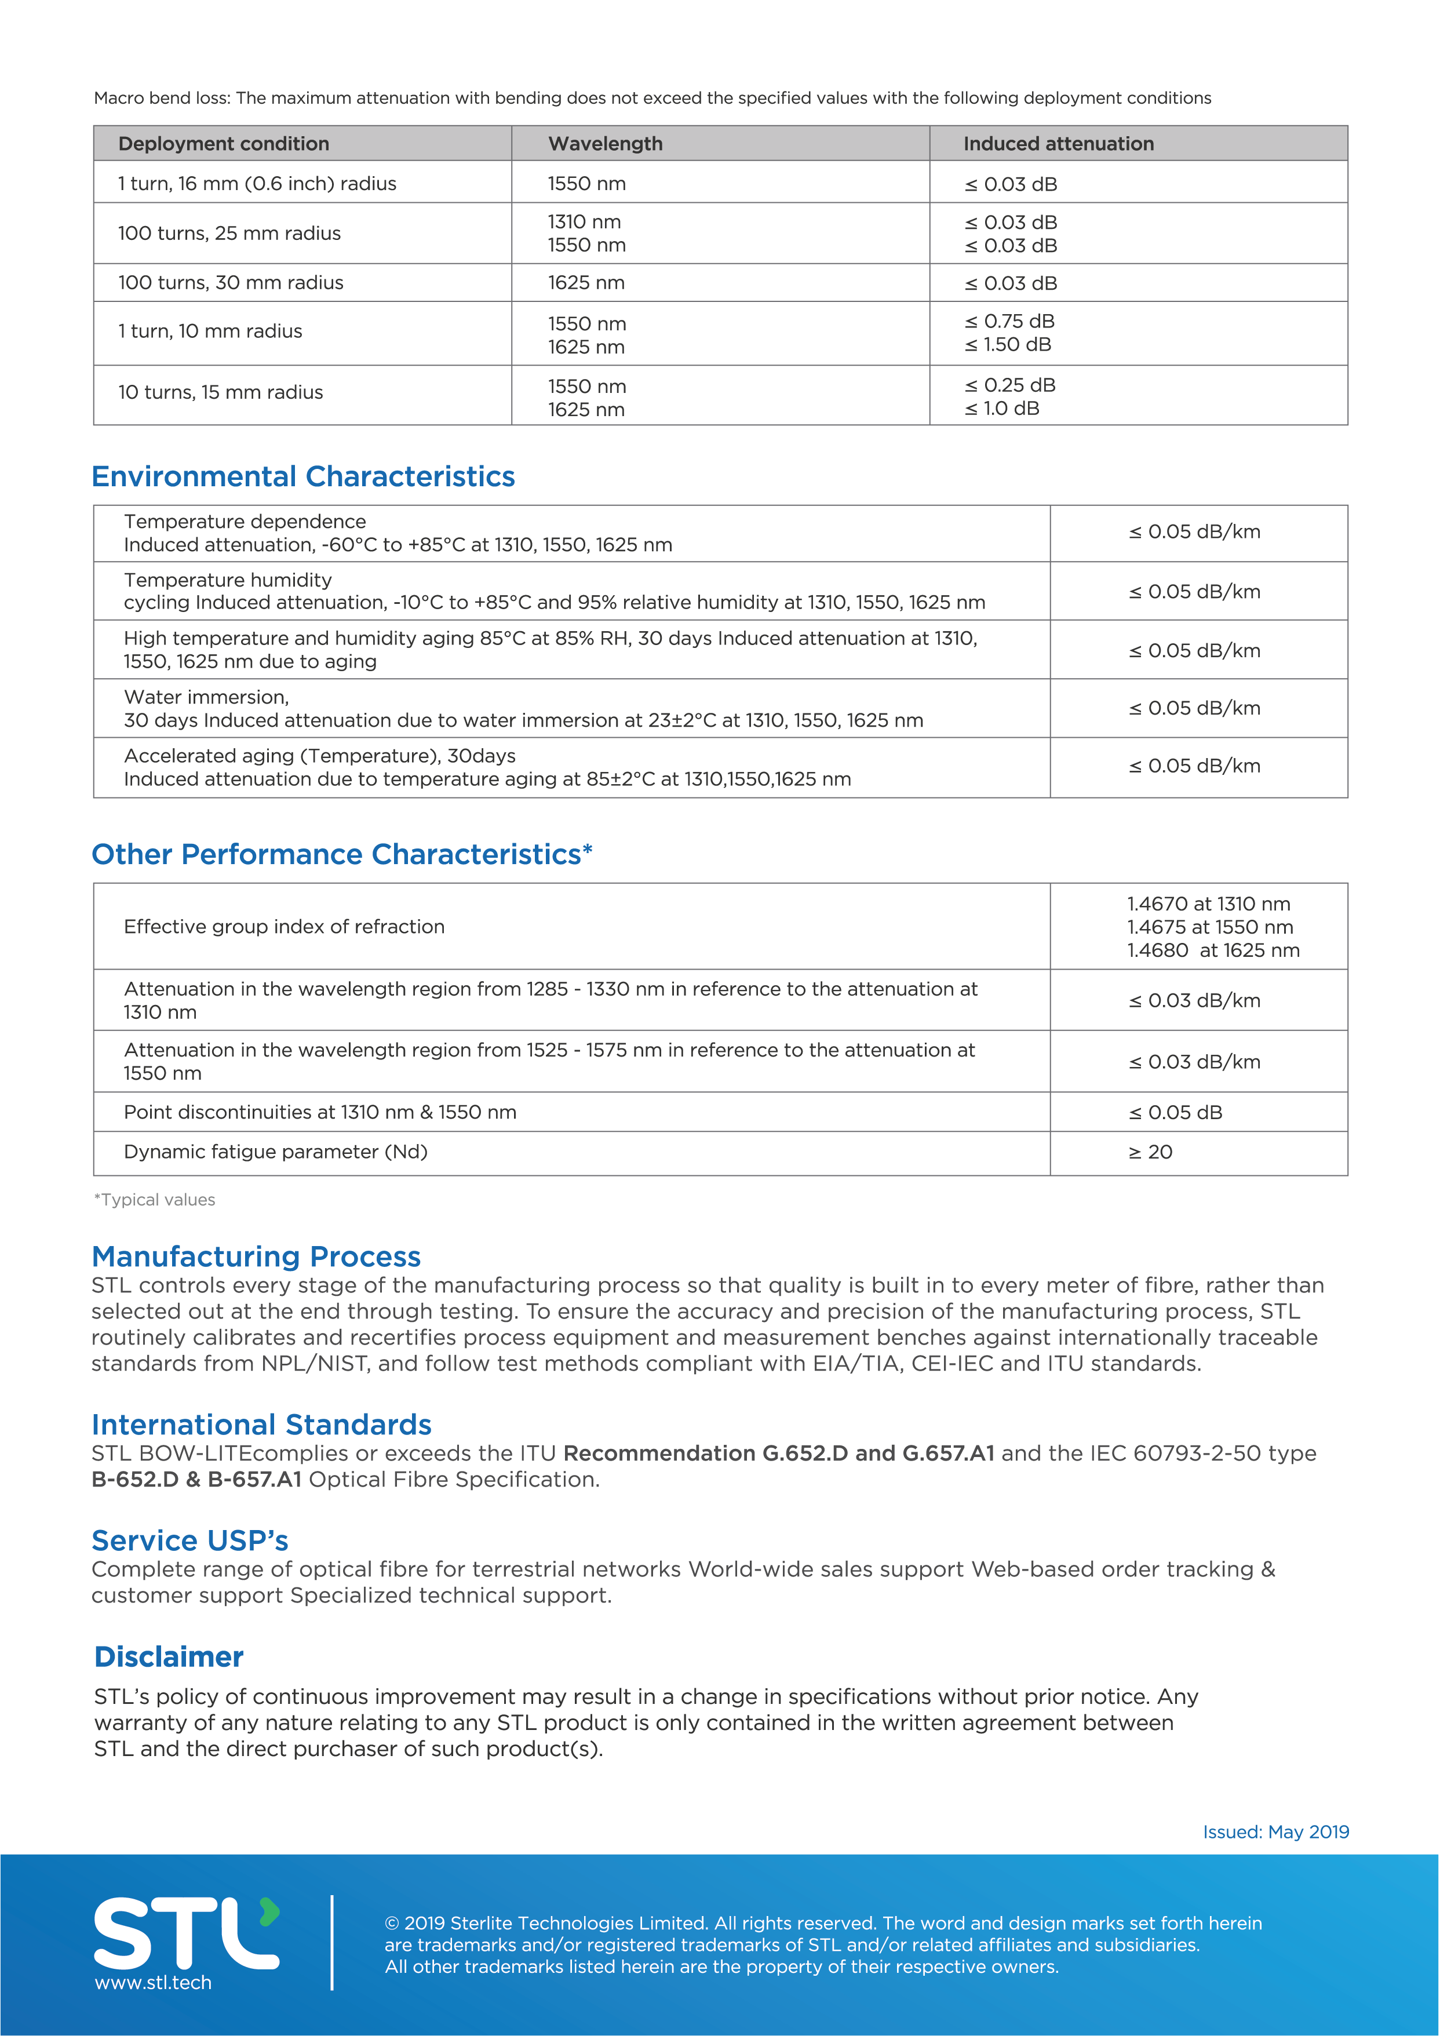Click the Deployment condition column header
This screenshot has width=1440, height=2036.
224,144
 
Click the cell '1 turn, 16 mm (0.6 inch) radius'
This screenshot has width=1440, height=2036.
257,184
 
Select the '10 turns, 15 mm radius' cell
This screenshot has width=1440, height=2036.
221,392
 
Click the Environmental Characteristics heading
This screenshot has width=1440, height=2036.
303,476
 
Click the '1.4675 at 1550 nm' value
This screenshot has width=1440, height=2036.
1209,927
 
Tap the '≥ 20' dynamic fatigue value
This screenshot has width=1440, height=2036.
1150,1152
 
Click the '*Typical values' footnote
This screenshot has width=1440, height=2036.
155,1200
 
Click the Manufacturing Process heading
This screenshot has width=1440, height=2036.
256,1256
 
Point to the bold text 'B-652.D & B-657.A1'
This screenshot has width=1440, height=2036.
197,1479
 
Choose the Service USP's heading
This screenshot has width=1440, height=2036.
189,1540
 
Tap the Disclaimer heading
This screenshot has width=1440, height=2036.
169,1656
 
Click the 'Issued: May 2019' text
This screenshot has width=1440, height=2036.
1275,1832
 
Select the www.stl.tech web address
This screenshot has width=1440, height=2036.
154,1983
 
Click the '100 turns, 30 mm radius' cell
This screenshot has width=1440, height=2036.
231,283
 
